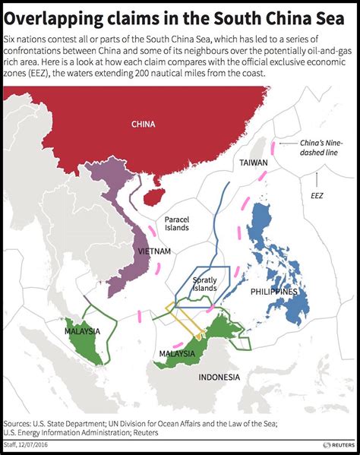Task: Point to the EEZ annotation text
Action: coord(317,195)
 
